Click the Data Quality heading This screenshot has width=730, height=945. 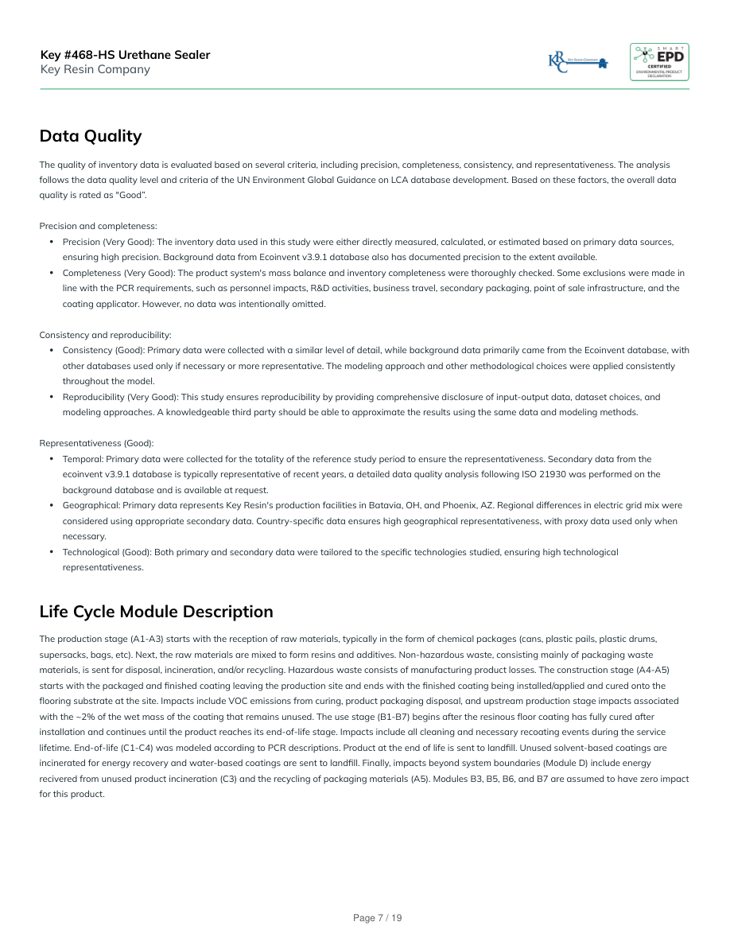tap(91, 136)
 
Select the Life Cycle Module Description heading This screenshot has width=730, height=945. tap(156, 612)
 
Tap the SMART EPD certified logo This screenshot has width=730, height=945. tap(659, 62)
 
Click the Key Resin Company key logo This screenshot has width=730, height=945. tap(578, 63)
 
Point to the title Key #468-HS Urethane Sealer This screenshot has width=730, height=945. tap(125, 55)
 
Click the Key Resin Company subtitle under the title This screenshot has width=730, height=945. tap(95, 69)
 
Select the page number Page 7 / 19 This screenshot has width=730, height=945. tap(378, 918)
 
